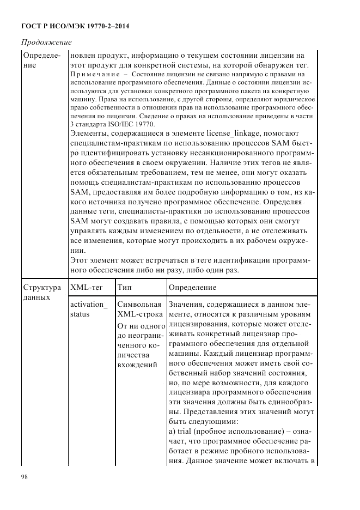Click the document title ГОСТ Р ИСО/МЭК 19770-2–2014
(x=75, y=26)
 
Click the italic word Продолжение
(x=46, y=42)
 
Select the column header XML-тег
(x=85, y=287)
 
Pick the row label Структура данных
(x=41, y=292)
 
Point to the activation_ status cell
(x=89, y=309)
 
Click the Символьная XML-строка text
(x=139, y=309)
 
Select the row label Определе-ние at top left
(x=41, y=60)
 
